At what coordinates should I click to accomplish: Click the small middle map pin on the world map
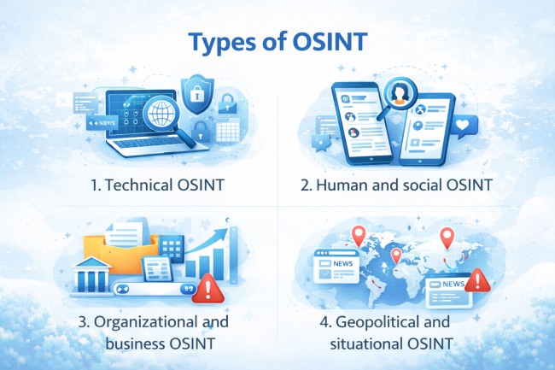click(x=395, y=255)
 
